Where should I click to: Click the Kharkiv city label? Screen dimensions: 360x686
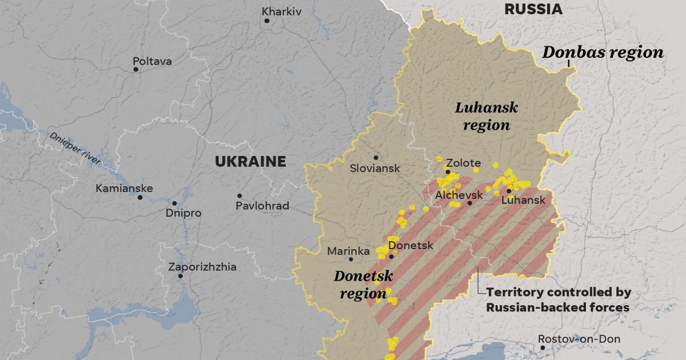click(282, 11)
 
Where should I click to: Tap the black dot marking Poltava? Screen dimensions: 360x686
click(136, 70)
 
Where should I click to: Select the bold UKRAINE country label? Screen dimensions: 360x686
click(250, 162)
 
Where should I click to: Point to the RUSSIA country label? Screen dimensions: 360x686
click(533, 9)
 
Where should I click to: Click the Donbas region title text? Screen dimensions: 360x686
click(603, 53)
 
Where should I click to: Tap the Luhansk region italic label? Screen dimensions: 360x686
click(486, 116)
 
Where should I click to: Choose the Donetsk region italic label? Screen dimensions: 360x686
click(363, 285)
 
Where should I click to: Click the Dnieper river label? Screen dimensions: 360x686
click(74, 148)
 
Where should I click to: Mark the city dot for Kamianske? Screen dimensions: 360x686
click(140, 198)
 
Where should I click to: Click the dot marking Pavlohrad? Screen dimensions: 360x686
click(240, 196)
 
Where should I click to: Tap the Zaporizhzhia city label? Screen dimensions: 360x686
click(202, 267)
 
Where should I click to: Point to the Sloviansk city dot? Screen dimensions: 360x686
click(376, 158)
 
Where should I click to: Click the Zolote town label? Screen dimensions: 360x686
click(463, 163)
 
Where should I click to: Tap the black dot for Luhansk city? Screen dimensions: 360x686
click(509, 191)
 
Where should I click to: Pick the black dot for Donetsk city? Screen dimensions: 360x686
click(392, 257)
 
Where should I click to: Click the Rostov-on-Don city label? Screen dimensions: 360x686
click(579, 339)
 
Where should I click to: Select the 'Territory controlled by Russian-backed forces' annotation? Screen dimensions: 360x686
click(558, 300)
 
